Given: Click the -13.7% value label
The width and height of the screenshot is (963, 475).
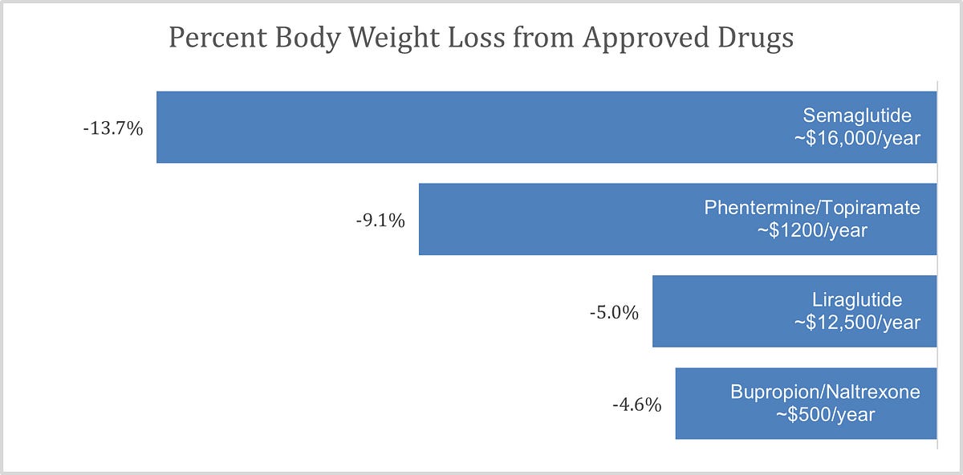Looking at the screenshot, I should point(112,128).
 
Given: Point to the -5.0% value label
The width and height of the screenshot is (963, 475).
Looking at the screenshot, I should point(615,313).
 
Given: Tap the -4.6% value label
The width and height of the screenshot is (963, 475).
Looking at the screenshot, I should point(637,404).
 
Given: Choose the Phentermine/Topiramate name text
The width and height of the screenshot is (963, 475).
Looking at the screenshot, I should point(812,208).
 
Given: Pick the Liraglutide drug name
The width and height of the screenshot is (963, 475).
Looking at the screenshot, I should point(857,300).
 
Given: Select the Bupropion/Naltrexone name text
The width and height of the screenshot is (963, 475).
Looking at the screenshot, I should point(825,392).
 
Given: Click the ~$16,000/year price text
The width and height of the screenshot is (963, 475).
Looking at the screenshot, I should point(857,138).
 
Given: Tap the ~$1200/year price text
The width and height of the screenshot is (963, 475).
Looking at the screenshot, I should point(812,230).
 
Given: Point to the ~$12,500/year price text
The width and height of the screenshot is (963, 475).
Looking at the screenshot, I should point(857,322).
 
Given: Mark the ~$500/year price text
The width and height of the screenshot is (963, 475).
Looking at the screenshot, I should point(825,415).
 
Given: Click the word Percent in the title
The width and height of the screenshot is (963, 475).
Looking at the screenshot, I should point(213,38).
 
